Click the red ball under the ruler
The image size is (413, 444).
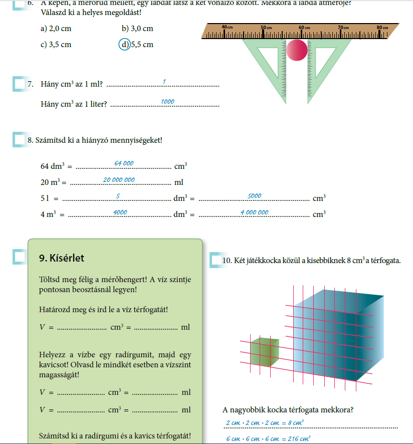[x=296, y=50]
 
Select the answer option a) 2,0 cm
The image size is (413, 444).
[x=55, y=29]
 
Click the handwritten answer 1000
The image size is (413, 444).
[x=167, y=102]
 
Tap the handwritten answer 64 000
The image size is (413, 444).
[x=124, y=163]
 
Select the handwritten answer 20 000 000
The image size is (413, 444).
[x=119, y=180]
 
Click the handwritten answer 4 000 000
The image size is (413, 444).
[x=254, y=212]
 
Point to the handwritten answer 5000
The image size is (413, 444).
[x=255, y=196]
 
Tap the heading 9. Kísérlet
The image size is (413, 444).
[x=61, y=259]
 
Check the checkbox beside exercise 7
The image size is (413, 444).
[x=19, y=84]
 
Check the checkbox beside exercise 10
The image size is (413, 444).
[x=216, y=260]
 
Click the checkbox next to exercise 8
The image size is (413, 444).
[x=19, y=140]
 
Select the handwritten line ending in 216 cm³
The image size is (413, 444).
[x=268, y=438]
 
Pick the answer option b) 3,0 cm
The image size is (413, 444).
[x=137, y=29]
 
